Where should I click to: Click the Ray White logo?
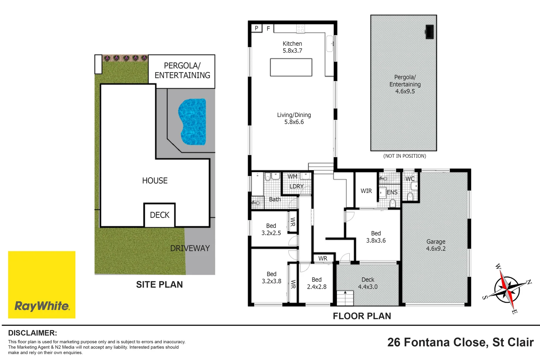tap(42, 284)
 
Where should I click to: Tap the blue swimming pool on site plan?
tap(192, 122)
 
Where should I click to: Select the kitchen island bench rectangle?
tap(291, 67)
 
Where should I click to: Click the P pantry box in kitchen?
tap(256, 28)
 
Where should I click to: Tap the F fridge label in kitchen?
tap(268, 29)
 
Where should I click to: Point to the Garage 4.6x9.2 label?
tap(436, 245)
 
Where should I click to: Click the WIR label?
tap(366, 191)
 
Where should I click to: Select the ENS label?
tap(392, 192)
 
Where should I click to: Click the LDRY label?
tap(296, 186)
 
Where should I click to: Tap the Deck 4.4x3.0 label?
tap(368, 283)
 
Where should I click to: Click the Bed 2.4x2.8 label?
tap(317, 283)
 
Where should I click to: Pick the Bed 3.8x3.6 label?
tap(376, 237)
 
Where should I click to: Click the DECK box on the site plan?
tap(160, 215)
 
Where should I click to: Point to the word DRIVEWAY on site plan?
tap(190, 248)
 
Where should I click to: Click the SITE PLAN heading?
tap(159, 284)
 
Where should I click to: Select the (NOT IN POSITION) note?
tap(404, 156)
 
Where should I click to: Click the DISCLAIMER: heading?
tap(32, 333)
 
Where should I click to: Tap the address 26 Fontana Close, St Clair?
tap(460, 342)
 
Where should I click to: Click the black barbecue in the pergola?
tap(429, 32)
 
